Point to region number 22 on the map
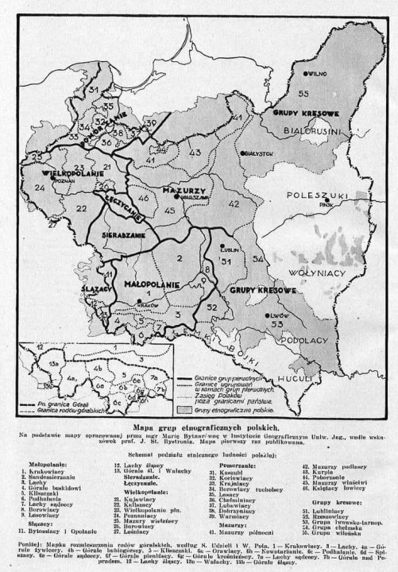[x=59, y=208]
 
